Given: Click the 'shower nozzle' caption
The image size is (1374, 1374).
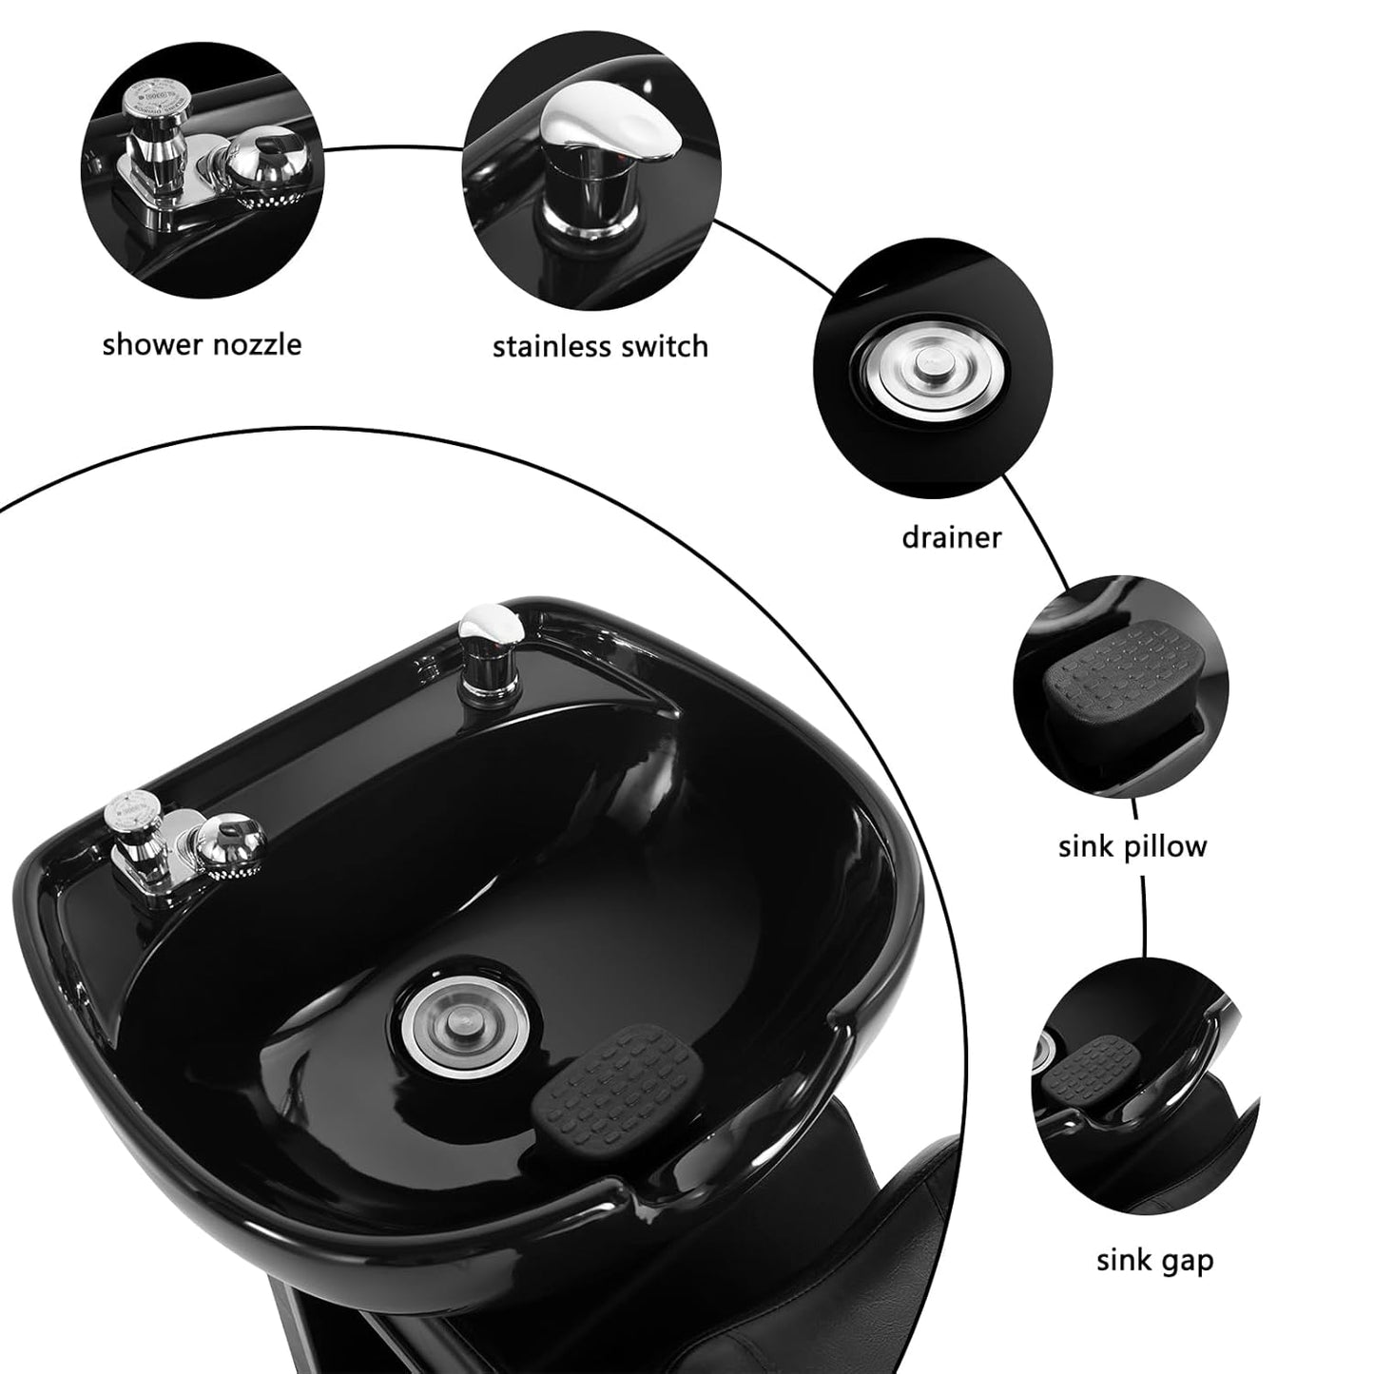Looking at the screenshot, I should [x=202, y=343].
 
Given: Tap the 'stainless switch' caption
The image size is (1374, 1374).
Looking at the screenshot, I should [x=600, y=346].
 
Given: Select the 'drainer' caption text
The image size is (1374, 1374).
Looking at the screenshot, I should [x=951, y=537].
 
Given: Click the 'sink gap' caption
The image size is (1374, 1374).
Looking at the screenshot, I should [x=1154, y=1261].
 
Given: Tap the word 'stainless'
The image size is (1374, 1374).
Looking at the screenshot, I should [x=552, y=346].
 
